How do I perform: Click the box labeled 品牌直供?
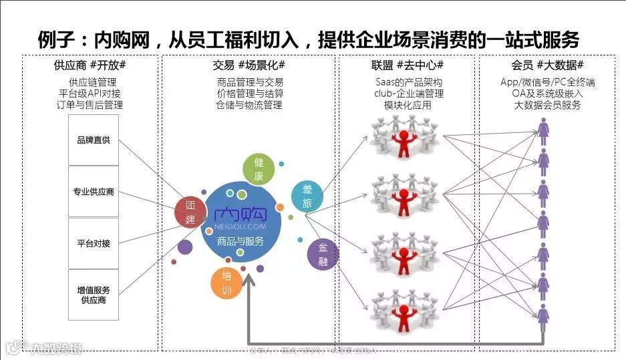[x=94, y=140]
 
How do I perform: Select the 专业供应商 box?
[x=94, y=192]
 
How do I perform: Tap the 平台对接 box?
[x=94, y=243]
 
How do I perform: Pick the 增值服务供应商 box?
[x=94, y=295]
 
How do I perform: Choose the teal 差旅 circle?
[x=307, y=197]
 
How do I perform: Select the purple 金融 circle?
[x=323, y=254]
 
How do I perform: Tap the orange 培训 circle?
[x=226, y=283]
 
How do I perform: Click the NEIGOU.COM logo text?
[x=241, y=225]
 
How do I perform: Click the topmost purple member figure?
[x=544, y=129]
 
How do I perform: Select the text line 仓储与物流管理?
[x=249, y=105]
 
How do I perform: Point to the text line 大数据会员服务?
[x=548, y=105]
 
